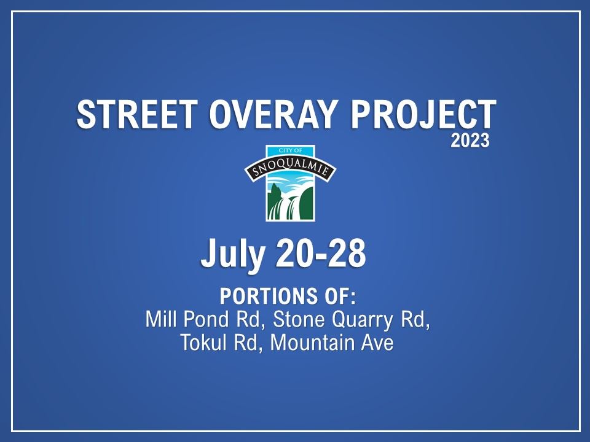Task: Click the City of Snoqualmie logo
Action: pos(290,184)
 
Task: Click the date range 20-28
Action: pos(320,255)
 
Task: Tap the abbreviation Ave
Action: pos(377,342)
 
